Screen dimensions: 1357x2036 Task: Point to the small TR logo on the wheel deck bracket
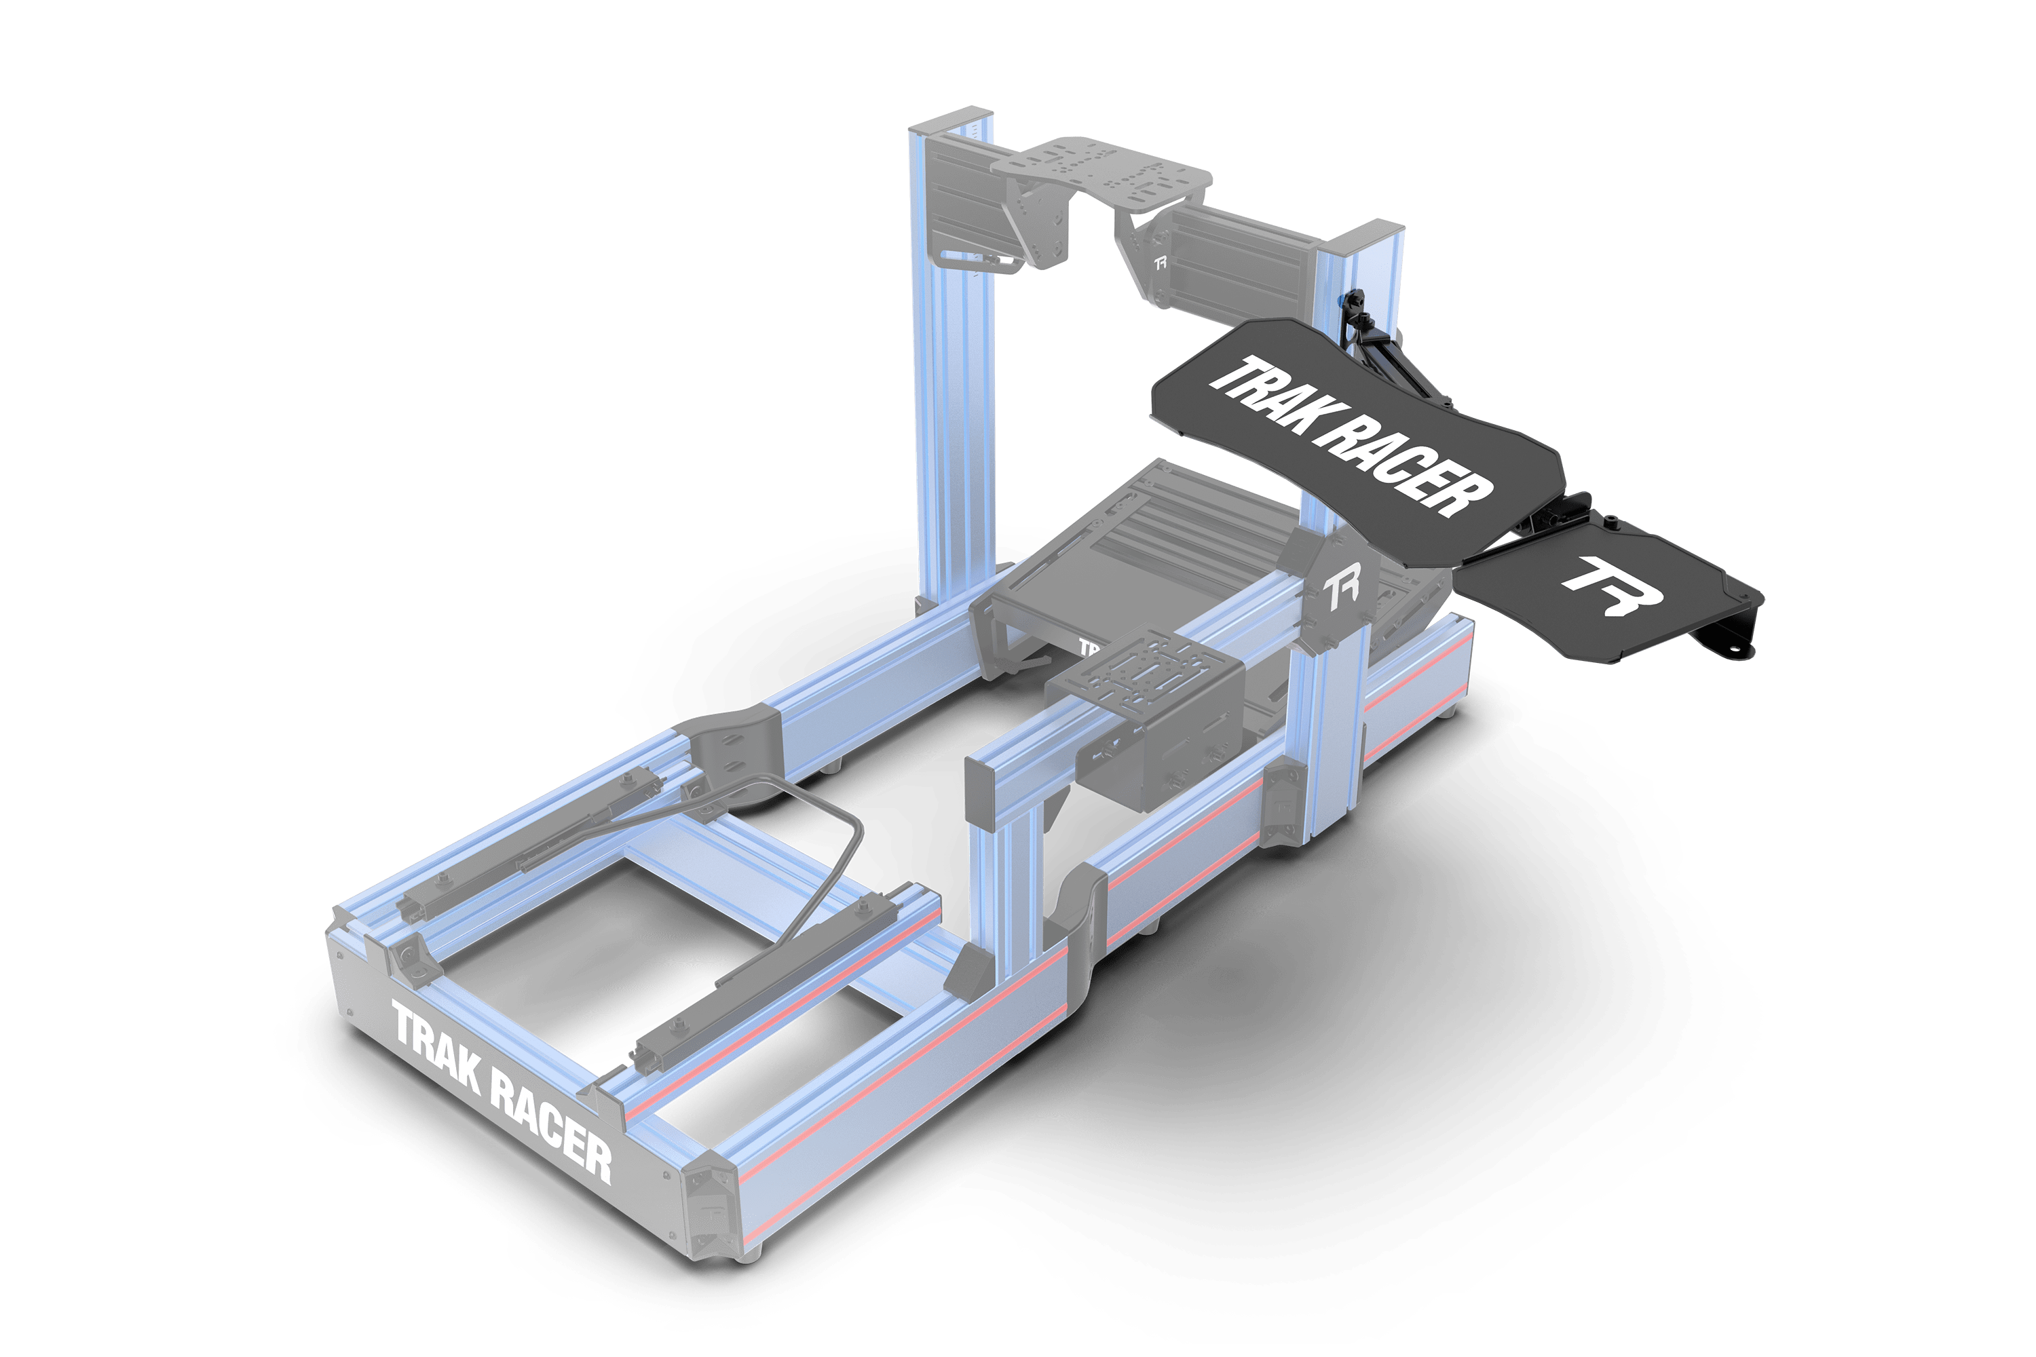click(1161, 262)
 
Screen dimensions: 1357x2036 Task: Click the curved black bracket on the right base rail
click(1078, 935)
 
